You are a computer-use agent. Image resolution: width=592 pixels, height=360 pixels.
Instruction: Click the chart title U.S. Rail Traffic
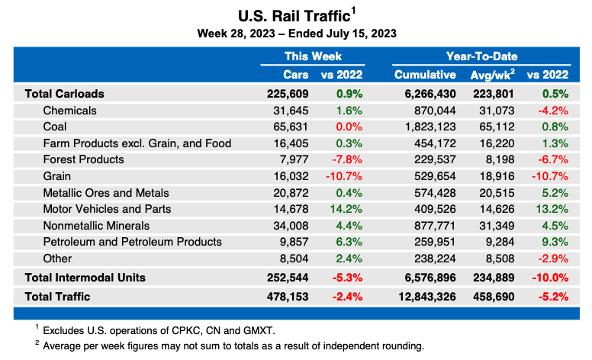tap(292, 15)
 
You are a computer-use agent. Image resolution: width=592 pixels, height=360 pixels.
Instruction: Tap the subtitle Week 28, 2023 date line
tap(296, 34)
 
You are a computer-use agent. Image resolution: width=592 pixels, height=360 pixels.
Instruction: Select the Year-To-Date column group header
tap(481, 56)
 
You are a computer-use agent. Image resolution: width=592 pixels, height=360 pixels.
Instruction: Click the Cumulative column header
tap(425, 75)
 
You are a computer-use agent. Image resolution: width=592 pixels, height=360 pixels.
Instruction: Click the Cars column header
tap(296, 75)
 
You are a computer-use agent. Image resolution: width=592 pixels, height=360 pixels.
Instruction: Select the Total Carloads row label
tap(64, 94)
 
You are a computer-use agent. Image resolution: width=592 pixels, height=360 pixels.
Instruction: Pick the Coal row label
tap(56, 127)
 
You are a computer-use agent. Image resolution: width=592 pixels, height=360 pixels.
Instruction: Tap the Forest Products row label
tap(83, 159)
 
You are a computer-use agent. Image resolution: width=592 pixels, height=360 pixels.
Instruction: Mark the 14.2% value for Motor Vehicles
tap(347, 209)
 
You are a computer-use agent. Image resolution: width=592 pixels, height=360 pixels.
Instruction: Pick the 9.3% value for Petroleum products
tap(554, 242)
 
